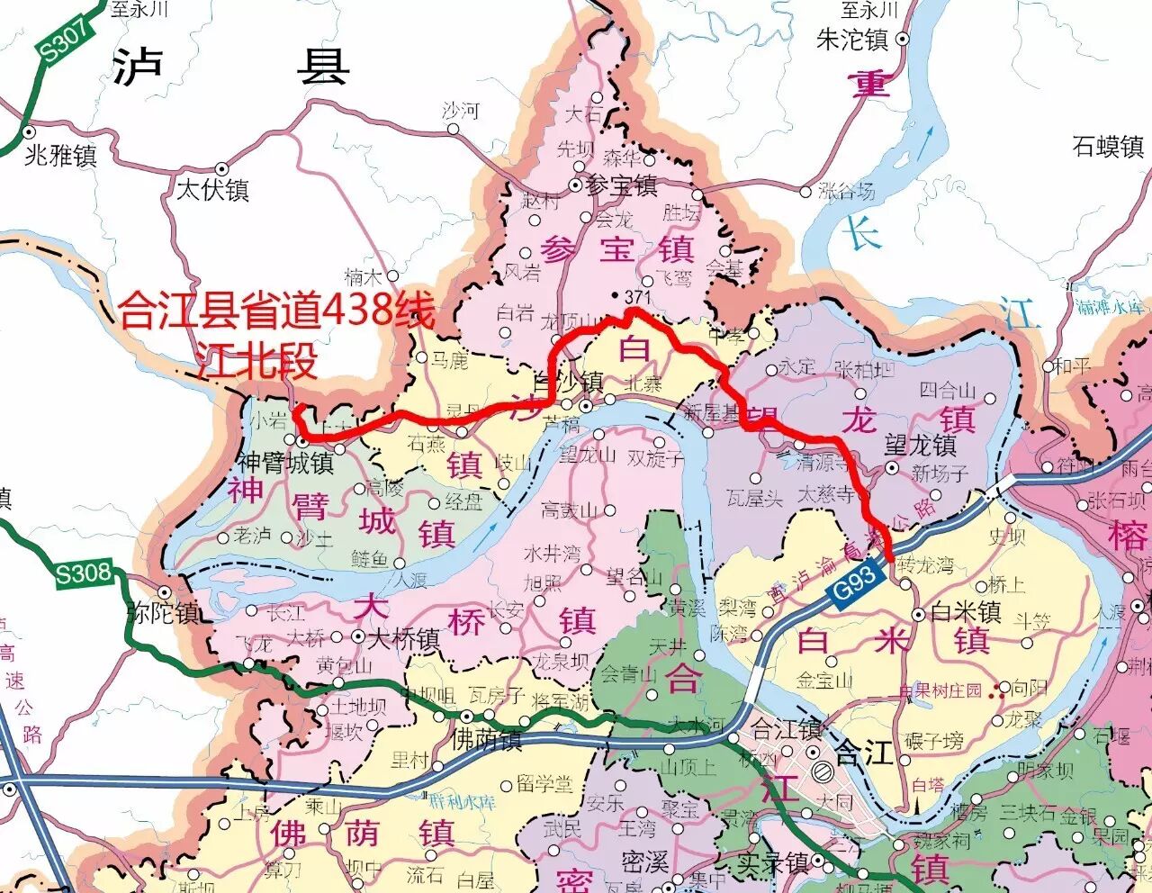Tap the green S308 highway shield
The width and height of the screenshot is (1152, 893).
click(84, 573)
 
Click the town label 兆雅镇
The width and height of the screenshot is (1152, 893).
click(60, 155)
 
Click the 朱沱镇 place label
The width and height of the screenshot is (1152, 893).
click(851, 40)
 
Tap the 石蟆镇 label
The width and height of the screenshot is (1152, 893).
click(1108, 146)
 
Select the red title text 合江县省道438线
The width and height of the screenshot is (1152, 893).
click(277, 312)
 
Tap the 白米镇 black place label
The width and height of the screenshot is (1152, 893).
click(966, 612)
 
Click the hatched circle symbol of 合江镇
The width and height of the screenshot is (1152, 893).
click(823, 771)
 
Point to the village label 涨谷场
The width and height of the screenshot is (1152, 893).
click(846, 191)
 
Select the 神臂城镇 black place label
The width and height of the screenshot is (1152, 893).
click(285, 463)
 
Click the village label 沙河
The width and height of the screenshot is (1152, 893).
click(461, 112)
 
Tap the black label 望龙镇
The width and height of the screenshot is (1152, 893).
click(920, 445)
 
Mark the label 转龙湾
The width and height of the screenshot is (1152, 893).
click(927, 566)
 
